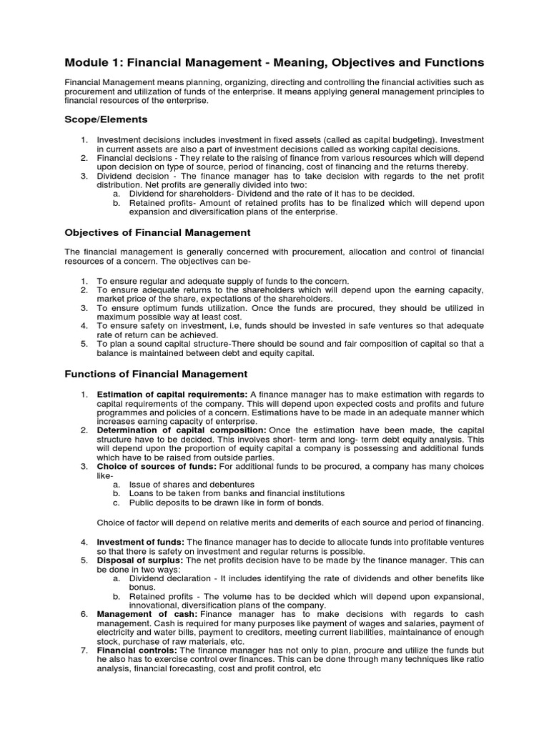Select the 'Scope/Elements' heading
[106, 119]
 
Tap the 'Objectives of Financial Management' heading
[157, 232]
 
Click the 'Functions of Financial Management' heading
[156, 374]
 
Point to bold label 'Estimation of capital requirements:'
[172, 395]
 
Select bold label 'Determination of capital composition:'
[182, 430]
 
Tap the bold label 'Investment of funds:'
[141, 542]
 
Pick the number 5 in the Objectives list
[84, 344]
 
